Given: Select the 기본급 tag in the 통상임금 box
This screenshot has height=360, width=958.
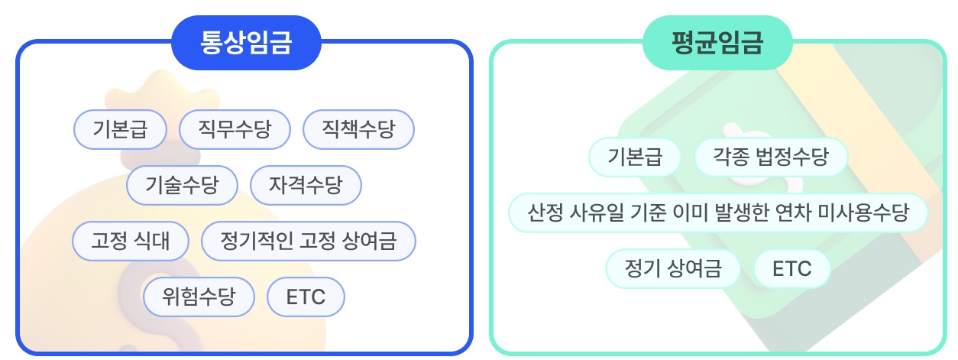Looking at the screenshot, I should click(120, 130).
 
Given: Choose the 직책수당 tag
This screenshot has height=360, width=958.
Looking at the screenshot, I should click(358, 130).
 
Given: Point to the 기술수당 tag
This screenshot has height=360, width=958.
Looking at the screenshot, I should click(182, 185).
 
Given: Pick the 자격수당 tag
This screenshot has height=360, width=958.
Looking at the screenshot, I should click(306, 185).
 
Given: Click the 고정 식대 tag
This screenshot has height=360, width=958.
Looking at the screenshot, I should click(130, 241).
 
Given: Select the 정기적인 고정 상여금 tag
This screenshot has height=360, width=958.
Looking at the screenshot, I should click(308, 241).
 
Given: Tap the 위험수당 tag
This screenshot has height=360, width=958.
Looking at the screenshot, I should click(199, 297).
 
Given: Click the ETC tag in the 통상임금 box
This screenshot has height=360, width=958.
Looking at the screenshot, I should click(306, 297).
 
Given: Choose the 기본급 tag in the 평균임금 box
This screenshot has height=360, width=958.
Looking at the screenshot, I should click(634, 157).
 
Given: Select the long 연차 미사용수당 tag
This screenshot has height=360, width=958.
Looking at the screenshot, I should click(718, 212).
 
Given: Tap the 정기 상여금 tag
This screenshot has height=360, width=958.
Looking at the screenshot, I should click(672, 269).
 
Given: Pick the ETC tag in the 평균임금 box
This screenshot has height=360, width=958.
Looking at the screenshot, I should click(791, 269).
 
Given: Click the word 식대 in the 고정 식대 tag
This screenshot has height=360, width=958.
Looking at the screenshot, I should click(152, 241).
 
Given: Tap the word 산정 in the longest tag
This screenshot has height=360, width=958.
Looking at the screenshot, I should click(545, 212).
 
